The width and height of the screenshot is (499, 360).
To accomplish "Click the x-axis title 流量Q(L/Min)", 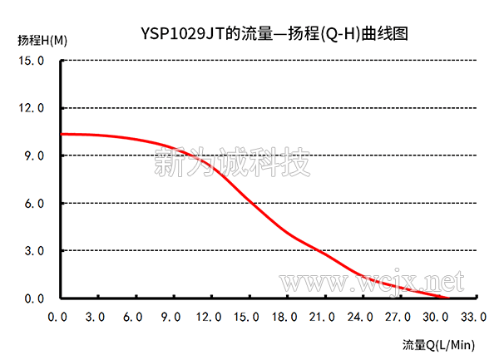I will [438, 344].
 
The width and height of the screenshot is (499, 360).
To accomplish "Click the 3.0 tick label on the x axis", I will [96, 317].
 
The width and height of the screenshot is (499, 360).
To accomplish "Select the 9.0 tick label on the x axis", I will [171, 317].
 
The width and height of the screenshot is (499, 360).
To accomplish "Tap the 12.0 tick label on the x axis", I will [209, 317].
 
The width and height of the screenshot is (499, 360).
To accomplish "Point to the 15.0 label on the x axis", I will [246, 317].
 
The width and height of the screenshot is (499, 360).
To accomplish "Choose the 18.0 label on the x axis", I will [284, 317].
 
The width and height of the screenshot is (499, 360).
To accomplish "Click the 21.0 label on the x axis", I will [322, 317].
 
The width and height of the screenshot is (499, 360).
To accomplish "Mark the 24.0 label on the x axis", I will [360, 317].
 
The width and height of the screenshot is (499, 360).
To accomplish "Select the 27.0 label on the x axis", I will [398, 317].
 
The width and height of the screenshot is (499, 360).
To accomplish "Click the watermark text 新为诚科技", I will [234, 161].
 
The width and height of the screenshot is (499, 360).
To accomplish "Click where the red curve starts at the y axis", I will [62, 134].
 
